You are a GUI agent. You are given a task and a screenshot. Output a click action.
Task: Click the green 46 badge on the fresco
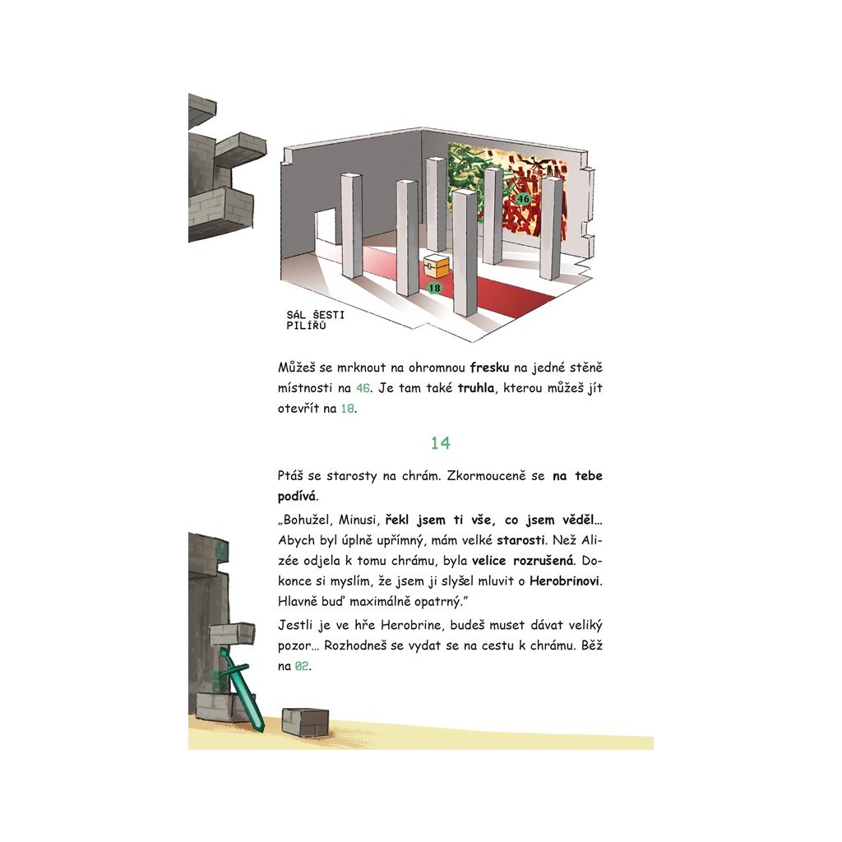tap(523, 199)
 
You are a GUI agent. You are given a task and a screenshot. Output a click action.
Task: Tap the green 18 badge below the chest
tap(434, 288)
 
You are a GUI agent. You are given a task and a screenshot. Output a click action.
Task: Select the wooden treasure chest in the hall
tap(436, 266)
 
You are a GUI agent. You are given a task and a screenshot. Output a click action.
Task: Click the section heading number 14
tap(441, 442)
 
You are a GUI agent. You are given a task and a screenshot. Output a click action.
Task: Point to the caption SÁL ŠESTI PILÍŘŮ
tap(315, 320)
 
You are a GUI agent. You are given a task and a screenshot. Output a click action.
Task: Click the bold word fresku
tap(489, 368)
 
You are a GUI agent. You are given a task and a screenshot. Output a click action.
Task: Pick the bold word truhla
tap(476, 388)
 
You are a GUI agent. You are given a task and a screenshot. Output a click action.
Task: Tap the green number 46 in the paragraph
tap(363, 388)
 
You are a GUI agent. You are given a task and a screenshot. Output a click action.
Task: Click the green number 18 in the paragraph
tap(348, 408)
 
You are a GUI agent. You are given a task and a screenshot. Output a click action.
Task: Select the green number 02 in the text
tap(302, 666)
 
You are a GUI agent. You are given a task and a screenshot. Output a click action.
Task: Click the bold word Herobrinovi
tap(565, 581)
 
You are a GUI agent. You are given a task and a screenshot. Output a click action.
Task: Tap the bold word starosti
tap(520, 539)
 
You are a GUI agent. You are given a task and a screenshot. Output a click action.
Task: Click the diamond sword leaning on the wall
tap(242, 689)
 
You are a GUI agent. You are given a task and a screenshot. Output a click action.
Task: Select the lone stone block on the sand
tap(305, 722)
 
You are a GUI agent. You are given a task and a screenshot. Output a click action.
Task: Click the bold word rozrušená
tap(543, 561)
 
